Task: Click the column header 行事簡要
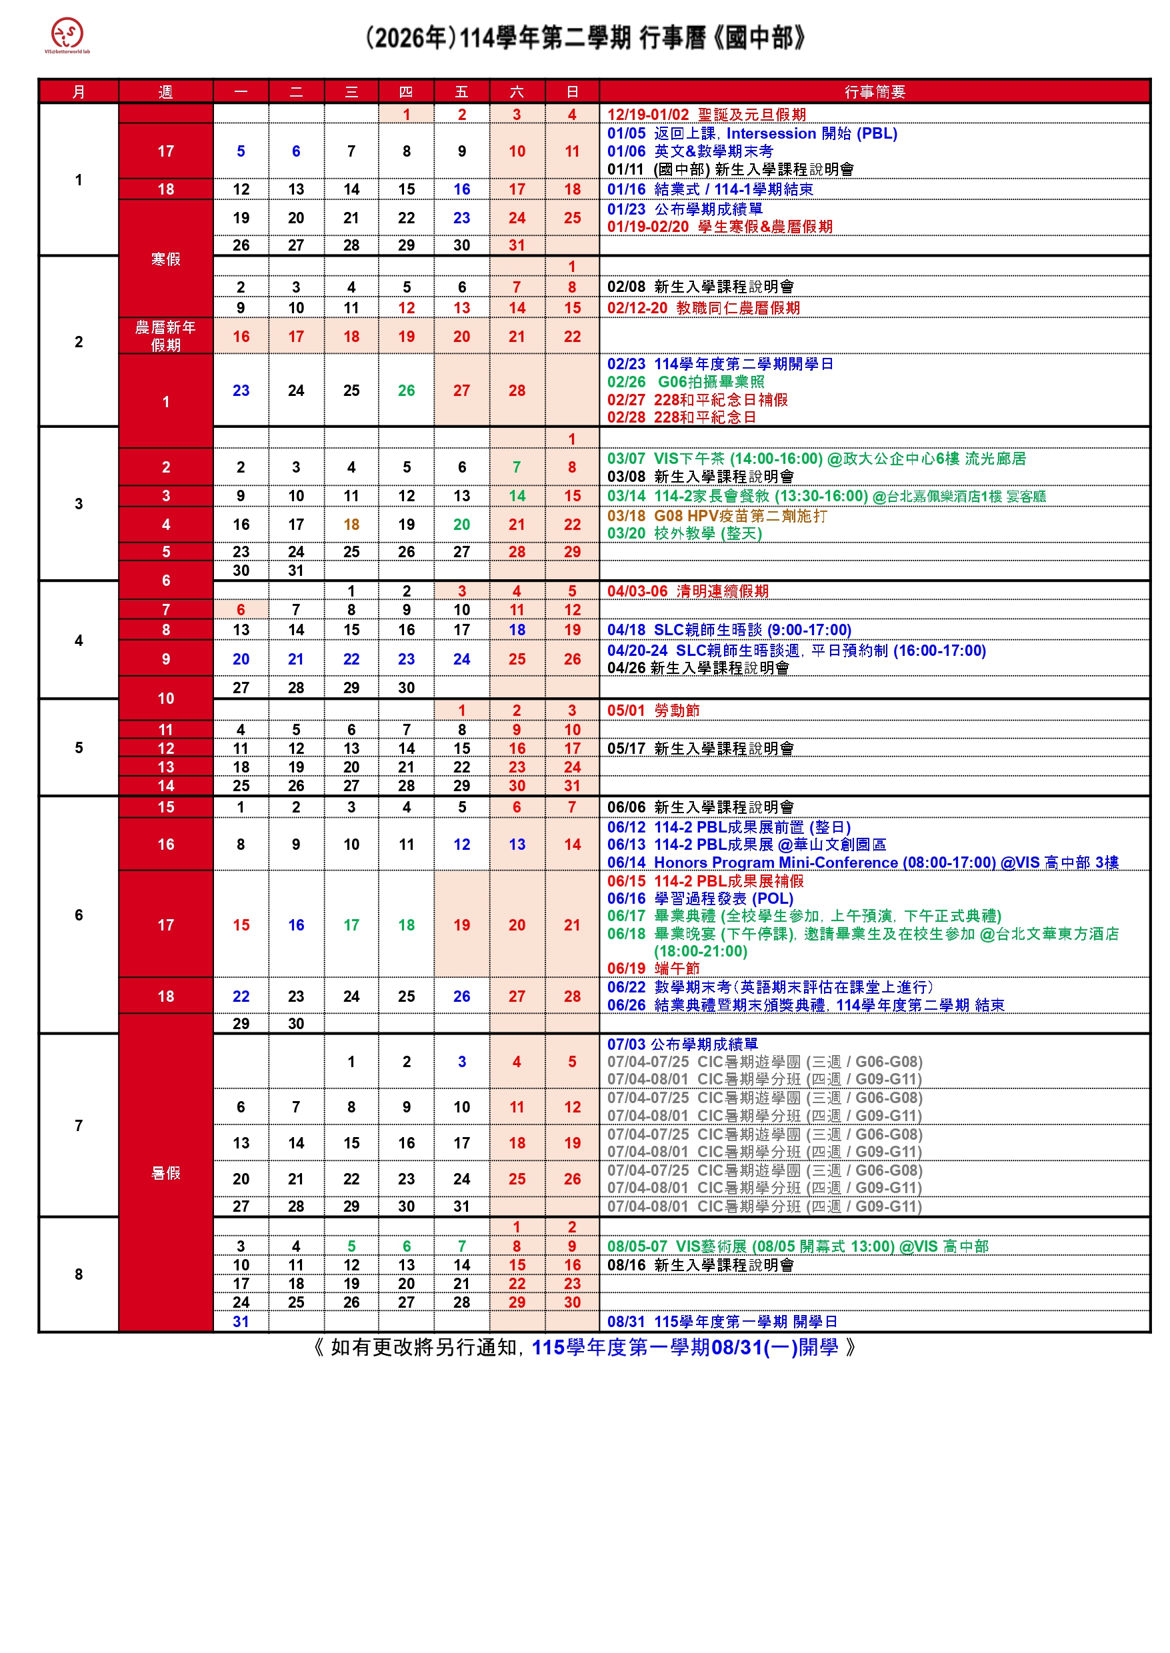tap(874, 92)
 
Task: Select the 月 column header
tap(79, 92)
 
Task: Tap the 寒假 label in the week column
tap(166, 259)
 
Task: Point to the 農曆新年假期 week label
tap(166, 337)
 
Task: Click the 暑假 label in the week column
tap(166, 1172)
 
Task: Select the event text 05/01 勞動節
tap(653, 710)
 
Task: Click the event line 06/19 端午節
tap(653, 968)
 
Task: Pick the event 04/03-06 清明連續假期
tap(687, 591)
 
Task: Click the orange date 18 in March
tap(351, 525)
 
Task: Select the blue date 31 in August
tap(241, 1322)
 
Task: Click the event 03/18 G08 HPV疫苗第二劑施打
tap(717, 516)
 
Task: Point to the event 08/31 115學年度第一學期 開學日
tap(722, 1322)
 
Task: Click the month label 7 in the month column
tap(79, 1125)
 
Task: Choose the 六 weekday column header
tap(517, 92)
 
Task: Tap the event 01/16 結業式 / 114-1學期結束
tap(709, 189)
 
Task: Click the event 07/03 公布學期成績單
tap(681, 1044)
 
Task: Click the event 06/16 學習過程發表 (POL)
tap(699, 898)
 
